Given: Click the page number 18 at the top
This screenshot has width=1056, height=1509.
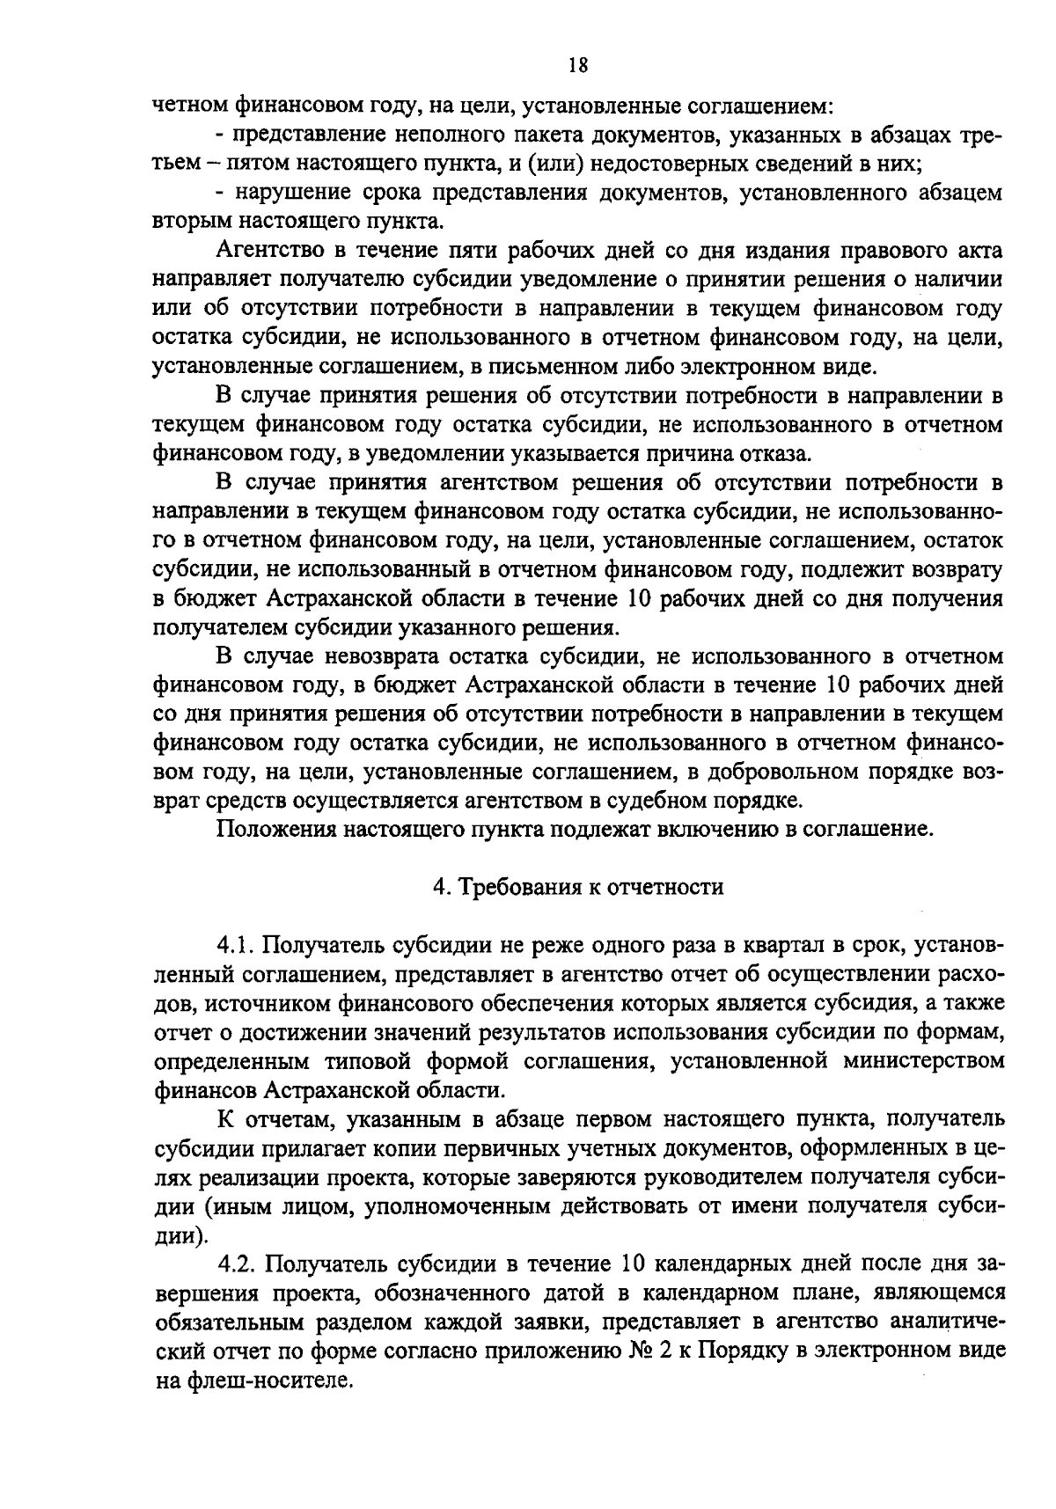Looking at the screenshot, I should tap(577, 64).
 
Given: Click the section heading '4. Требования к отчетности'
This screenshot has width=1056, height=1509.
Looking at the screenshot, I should tap(577, 886).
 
